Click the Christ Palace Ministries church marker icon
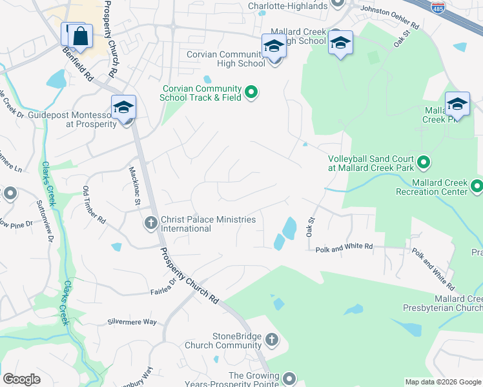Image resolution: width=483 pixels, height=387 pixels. coord(150,223)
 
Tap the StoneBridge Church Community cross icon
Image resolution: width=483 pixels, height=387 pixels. coord(272,339)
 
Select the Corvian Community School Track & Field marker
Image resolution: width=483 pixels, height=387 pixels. coord(252,94)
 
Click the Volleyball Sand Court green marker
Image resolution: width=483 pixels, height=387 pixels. coord(424,161)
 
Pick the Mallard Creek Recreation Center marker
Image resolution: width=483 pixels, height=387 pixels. coord(477,187)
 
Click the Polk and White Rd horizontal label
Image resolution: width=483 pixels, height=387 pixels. coord(344,246)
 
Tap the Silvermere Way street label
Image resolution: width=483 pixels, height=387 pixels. coord(132,321)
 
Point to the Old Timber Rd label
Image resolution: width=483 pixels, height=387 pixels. coord(94,204)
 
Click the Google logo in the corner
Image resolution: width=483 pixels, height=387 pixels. coord(21,379)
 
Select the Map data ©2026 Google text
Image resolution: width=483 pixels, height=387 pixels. coord(442,382)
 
